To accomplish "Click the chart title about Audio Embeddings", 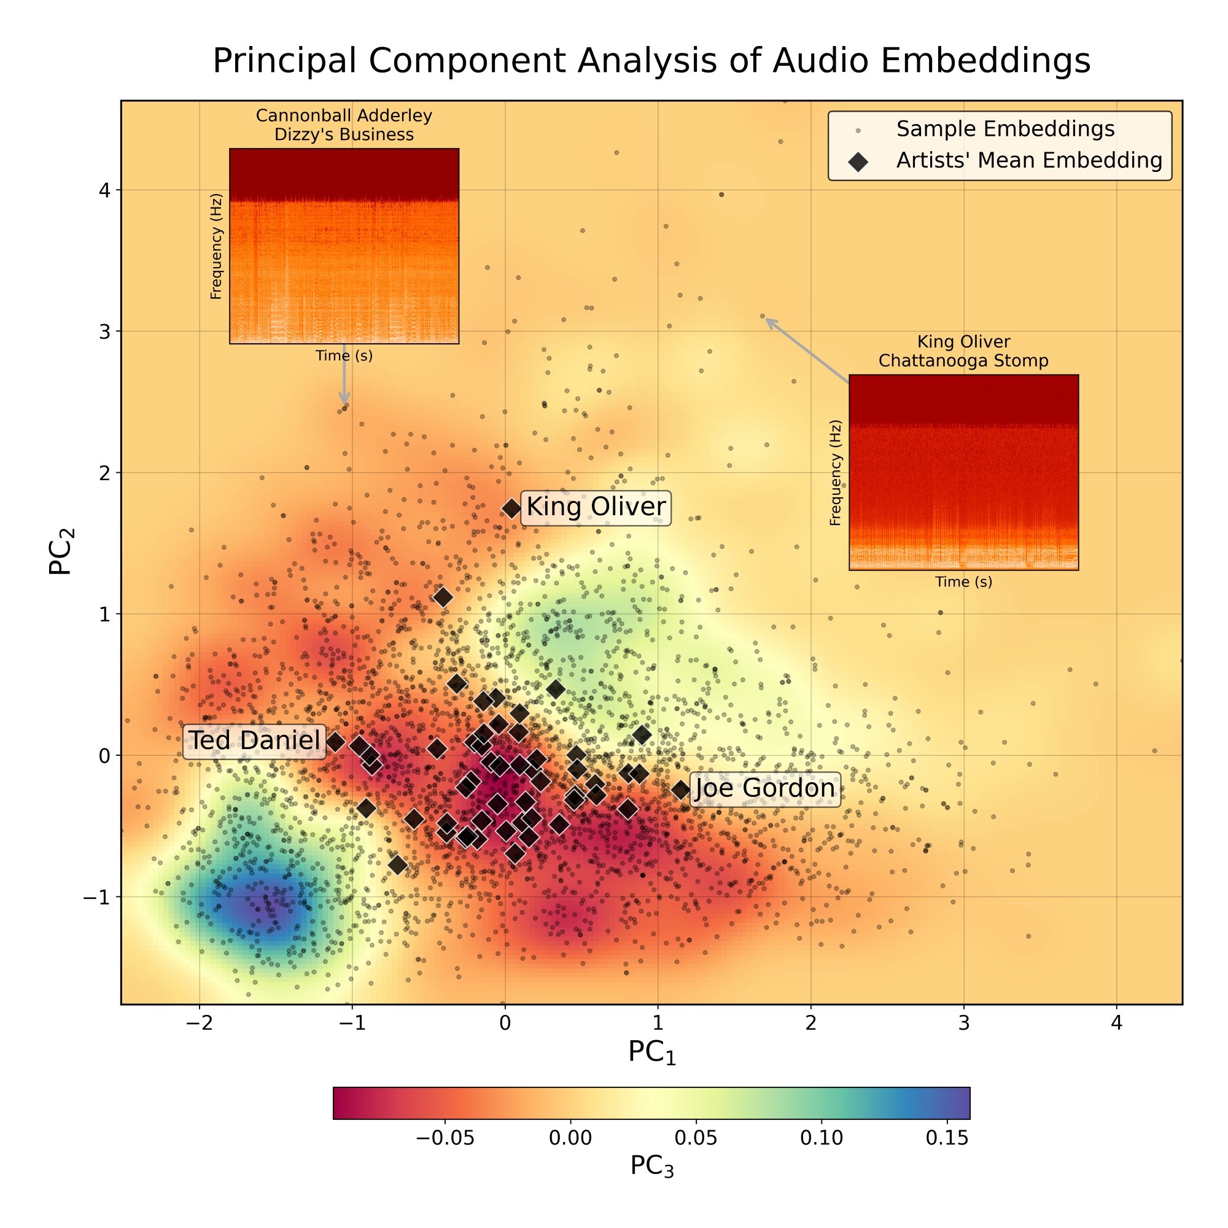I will (x=651, y=61).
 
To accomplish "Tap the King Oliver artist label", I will (x=596, y=507).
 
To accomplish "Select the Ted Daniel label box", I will (x=254, y=740).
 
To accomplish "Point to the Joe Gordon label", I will (x=764, y=789).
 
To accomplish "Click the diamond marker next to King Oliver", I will (x=511, y=508).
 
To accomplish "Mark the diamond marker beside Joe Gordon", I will (x=681, y=790).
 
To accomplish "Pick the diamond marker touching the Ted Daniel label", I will (x=335, y=742).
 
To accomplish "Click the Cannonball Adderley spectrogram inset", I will (x=344, y=246).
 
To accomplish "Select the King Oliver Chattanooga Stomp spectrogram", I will (x=963, y=472).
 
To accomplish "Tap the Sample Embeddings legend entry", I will (x=1005, y=129).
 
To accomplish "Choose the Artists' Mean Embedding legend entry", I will (x=1028, y=161).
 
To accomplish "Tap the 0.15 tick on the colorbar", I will (x=946, y=1138).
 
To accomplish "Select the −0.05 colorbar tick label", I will (x=445, y=1138).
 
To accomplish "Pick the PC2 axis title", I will (x=62, y=552).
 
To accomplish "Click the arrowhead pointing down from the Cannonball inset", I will (x=344, y=400).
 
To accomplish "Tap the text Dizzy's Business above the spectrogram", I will (x=344, y=134).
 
